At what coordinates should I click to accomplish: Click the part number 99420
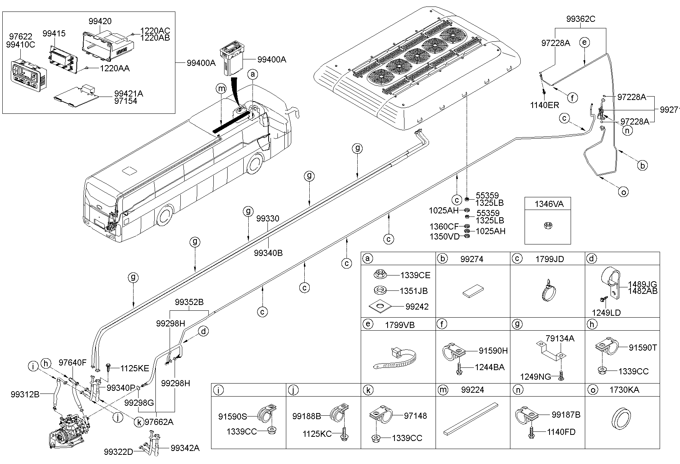coord(100,21)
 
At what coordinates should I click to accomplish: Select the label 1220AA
coord(115,69)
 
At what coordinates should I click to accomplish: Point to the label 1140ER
coord(545,105)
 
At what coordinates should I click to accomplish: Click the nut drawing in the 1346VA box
coord(548,226)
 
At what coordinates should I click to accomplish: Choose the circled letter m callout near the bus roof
coord(221,89)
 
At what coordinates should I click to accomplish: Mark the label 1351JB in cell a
coord(414,291)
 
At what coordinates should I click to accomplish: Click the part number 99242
coord(417,307)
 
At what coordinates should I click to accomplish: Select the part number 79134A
coord(560,338)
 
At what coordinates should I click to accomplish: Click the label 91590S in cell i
coord(233,416)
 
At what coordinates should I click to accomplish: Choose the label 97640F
coord(73,362)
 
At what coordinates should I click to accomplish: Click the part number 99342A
coord(185,448)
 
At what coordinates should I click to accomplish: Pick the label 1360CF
coord(444,227)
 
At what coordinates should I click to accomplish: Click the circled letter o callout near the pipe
coord(624,192)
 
